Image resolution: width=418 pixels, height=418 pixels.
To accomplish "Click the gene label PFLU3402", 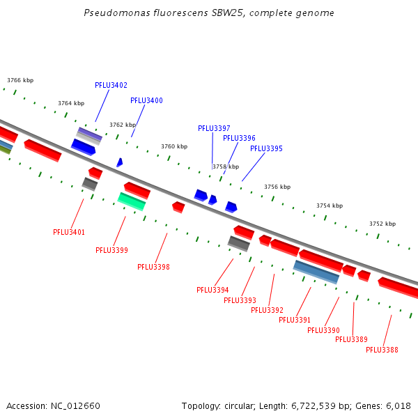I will [x=111, y=85].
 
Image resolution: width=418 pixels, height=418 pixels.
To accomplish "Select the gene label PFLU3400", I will [x=146, y=100].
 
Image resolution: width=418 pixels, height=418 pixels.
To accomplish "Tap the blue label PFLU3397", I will [x=214, y=128].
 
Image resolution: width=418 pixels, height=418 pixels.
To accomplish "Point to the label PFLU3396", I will [x=239, y=138].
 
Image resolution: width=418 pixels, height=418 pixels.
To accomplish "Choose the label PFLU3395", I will [x=266, y=148].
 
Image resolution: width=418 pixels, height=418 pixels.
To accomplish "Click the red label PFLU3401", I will [x=69, y=232].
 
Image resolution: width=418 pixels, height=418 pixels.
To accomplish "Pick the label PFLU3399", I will [x=111, y=250].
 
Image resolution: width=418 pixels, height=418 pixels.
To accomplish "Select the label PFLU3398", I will [x=153, y=267].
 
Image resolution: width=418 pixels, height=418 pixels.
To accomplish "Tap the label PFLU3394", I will [x=212, y=290].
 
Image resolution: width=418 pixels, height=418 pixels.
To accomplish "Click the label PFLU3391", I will [x=295, y=320].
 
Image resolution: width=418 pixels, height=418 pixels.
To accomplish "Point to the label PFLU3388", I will [x=382, y=350].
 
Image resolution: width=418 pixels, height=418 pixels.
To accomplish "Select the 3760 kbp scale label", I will [x=174, y=146].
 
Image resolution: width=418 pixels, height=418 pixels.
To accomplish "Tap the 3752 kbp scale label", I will [x=382, y=224].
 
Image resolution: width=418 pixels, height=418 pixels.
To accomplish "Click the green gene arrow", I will [x=132, y=201].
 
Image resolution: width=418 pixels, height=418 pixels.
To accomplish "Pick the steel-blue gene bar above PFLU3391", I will [x=316, y=272].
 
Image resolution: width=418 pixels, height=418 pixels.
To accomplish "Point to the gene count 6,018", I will [x=398, y=405].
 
